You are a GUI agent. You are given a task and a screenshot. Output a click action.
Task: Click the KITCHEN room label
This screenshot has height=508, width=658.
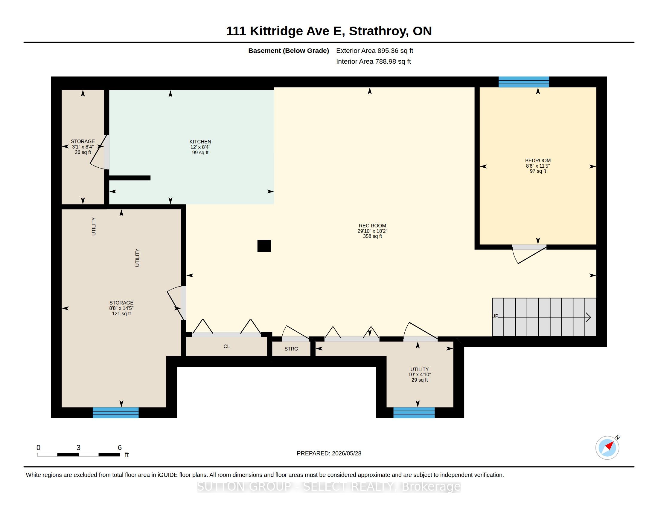(x=200, y=142)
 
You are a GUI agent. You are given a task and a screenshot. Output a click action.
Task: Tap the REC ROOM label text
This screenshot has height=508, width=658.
(x=372, y=226)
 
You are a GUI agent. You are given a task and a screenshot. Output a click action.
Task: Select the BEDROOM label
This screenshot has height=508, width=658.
(x=538, y=161)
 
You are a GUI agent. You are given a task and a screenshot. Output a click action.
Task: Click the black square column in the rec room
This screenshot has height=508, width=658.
(x=264, y=246)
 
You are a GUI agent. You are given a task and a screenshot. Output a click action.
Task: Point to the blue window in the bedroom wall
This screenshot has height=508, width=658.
(x=524, y=82)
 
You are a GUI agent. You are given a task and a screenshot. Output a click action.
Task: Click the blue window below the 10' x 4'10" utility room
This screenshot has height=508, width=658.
(x=414, y=413)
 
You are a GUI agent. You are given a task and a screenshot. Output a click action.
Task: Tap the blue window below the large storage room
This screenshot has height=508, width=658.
(x=115, y=413)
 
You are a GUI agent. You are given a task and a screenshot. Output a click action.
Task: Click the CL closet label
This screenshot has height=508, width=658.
(x=227, y=346)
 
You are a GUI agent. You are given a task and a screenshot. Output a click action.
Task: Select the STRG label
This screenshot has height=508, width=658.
(x=291, y=349)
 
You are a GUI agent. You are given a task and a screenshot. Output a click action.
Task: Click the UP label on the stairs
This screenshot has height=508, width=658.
(x=495, y=316)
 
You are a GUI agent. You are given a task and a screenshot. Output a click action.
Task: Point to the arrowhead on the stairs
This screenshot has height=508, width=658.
(x=588, y=317)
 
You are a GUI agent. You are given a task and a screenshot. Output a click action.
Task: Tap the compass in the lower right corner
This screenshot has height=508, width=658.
(x=607, y=448)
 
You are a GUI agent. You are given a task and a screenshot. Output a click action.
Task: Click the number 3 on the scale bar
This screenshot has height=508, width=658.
(x=78, y=448)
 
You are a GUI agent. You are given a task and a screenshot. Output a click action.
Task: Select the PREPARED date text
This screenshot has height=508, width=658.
(x=329, y=453)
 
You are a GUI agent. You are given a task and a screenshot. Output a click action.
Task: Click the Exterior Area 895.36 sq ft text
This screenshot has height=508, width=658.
(x=374, y=51)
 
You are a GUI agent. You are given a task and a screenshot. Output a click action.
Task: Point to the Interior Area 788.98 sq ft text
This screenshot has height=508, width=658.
(x=373, y=61)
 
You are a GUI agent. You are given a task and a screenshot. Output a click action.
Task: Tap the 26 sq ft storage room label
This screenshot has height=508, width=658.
(x=83, y=152)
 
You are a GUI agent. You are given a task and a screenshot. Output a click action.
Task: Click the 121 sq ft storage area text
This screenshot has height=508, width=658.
(x=121, y=313)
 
